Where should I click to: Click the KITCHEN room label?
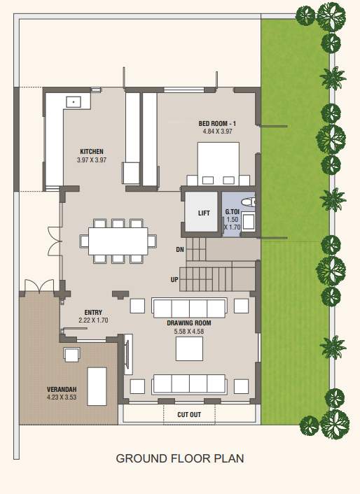92,152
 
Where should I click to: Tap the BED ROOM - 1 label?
217,123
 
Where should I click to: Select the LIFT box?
204,213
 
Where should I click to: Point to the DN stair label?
180,249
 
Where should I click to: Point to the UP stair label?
174,279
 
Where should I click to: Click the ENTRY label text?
94,313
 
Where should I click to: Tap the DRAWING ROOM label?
188,323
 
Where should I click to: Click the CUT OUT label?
188,415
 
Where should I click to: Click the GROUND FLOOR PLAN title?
179,459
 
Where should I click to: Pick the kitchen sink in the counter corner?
73,101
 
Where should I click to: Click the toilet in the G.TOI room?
254,202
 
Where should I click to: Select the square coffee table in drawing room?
189,348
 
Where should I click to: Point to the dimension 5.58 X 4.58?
188,331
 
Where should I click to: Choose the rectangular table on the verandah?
97,386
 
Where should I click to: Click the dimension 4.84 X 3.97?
217,131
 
